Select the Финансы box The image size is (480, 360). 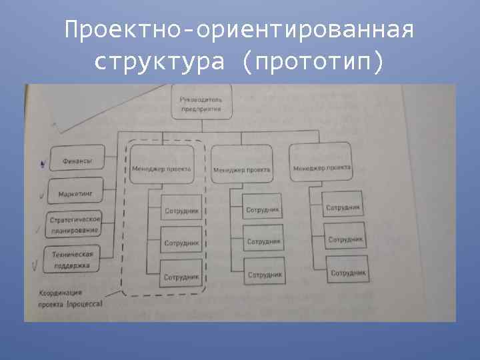point(77,161)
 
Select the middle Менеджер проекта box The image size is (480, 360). point(241,169)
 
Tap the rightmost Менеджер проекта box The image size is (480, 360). point(321,167)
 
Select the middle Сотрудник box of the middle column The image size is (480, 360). point(263,241)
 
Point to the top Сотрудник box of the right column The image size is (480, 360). point(343,207)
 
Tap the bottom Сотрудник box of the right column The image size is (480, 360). point(347,271)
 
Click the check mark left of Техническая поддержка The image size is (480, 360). point(35,265)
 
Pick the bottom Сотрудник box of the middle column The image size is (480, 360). point(264,273)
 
